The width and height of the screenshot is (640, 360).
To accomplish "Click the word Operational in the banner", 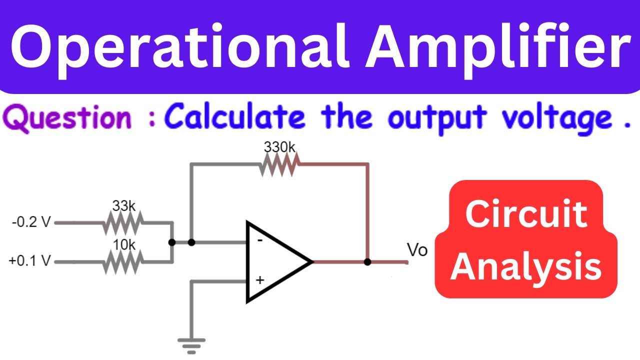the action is (x=180, y=47).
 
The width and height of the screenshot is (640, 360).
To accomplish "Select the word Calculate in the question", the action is (x=235, y=115).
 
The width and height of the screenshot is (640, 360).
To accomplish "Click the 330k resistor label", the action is (x=279, y=147).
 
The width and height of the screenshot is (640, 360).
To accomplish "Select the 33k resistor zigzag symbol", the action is (x=123, y=223).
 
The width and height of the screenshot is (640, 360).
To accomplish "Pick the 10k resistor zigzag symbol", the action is (x=123, y=262).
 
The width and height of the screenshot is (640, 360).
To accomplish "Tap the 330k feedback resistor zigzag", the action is (x=279, y=164).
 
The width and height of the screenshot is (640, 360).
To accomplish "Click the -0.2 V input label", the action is (x=31, y=222).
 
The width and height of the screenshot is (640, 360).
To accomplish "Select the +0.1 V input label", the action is (x=30, y=260).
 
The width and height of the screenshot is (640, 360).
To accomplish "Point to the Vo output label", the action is (x=417, y=250).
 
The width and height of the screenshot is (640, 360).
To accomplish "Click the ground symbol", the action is (x=191, y=346).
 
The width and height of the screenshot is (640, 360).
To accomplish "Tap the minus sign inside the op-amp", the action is (x=259, y=240).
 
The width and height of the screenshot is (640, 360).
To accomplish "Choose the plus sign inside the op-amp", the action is (x=259, y=280).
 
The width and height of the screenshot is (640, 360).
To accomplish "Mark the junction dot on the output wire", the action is (x=367, y=261).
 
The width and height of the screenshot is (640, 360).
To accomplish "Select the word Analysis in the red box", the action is (x=526, y=266).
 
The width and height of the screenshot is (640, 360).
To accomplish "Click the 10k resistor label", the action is (x=124, y=245).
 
